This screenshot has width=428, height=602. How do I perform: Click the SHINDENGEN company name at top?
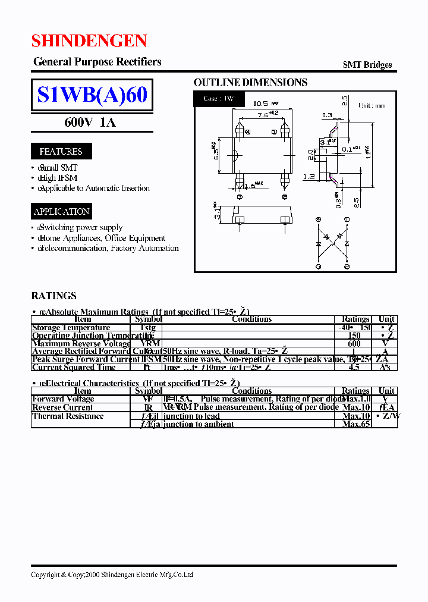[89, 40]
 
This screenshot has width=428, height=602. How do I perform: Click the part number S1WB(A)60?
[92, 95]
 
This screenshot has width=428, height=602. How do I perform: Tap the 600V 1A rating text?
[90, 123]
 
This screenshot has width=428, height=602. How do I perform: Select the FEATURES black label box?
[61, 151]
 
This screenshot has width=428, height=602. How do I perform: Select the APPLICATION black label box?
[62, 211]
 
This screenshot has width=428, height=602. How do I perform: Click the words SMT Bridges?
[367, 65]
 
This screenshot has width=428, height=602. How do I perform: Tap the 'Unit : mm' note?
[372, 105]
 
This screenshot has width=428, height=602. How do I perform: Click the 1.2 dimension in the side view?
[308, 177]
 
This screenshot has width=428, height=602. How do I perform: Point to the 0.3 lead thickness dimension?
[327, 115]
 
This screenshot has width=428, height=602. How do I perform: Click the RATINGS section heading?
[53, 296]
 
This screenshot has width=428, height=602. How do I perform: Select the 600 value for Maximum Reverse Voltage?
[354, 343]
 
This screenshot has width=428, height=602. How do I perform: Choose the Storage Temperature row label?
[71, 327]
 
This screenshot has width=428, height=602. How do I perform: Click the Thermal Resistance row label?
[68, 416]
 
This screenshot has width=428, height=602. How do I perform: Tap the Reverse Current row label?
[62, 407]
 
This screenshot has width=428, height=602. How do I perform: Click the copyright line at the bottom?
[112, 575]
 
